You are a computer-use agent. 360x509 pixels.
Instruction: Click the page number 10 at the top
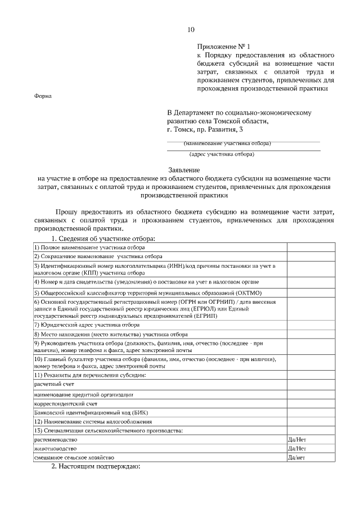(191, 30)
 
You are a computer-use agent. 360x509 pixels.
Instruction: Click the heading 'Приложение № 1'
(223, 46)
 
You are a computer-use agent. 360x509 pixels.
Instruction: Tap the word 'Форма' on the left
(43, 96)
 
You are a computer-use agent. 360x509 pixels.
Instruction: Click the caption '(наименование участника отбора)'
(227, 143)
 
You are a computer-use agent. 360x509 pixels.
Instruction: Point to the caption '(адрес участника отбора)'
(222, 154)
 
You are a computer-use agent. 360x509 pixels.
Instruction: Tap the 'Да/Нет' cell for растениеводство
(296, 439)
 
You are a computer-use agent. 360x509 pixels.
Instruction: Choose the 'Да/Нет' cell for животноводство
(296, 448)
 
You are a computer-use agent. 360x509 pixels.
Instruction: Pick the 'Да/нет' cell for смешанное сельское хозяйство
(296, 457)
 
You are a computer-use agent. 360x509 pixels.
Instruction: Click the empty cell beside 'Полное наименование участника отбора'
(312, 247)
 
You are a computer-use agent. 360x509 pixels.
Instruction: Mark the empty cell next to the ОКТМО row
(312, 292)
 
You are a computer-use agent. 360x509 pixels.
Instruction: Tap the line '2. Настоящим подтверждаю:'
(95, 467)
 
